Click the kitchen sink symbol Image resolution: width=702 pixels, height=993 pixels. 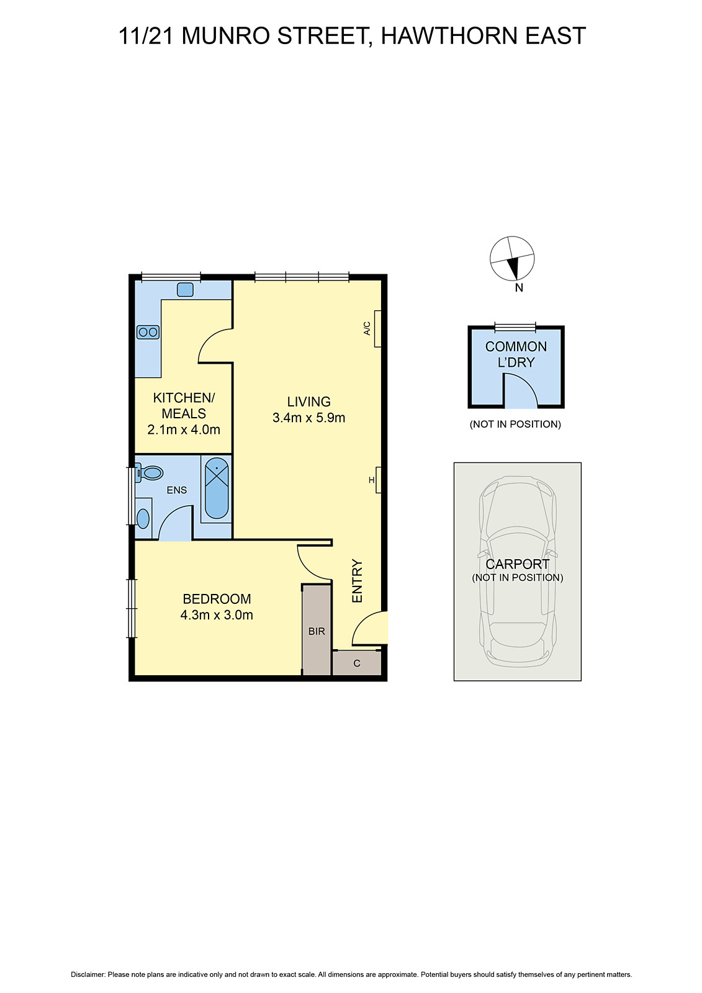point(185,289)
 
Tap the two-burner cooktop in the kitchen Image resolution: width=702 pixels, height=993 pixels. point(148,332)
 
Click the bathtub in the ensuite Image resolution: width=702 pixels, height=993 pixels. point(217,488)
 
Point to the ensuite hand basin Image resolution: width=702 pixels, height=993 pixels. point(143,518)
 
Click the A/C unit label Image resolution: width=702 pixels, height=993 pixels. point(367,328)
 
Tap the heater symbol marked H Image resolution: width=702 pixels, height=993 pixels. point(372,480)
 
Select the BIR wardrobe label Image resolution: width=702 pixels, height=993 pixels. point(317,631)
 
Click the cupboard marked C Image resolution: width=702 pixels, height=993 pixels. point(357,663)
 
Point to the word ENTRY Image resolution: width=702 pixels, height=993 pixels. point(358,581)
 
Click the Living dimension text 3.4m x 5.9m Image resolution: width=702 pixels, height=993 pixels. point(308,418)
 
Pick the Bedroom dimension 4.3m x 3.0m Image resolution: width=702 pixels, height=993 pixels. point(217,615)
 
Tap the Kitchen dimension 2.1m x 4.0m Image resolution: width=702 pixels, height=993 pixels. point(184,429)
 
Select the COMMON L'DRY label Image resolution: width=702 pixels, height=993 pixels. point(516,354)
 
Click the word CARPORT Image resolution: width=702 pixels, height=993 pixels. point(517,564)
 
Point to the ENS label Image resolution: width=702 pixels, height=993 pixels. point(177,490)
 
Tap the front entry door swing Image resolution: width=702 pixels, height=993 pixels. point(370,629)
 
